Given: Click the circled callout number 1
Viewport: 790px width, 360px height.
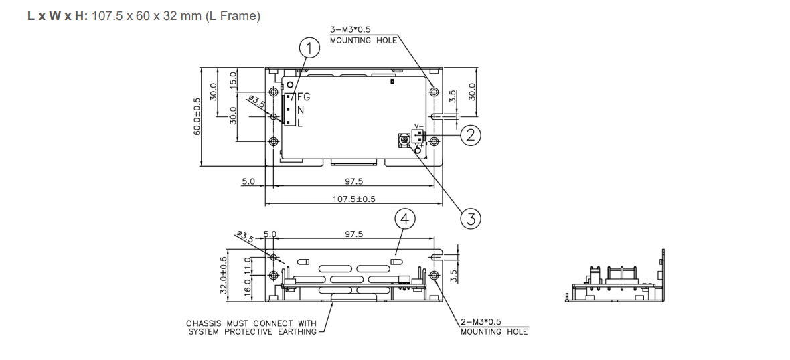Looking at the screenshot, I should [x=309, y=48].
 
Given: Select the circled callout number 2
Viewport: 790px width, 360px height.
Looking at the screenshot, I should [x=471, y=135].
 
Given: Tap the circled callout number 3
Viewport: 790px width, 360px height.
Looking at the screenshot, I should [x=471, y=217].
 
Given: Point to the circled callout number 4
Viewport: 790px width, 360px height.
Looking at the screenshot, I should [x=404, y=218].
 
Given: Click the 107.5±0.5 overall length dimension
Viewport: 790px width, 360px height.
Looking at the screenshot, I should [x=353, y=199].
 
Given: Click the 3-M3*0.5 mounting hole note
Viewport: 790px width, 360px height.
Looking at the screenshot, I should [x=364, y=35].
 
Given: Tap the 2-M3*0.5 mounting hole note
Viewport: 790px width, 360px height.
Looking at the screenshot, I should [x=493, y=327].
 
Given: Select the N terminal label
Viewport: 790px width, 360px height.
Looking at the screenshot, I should [x=301, y=110].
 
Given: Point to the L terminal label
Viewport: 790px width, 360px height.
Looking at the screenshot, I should [x=300, y=124].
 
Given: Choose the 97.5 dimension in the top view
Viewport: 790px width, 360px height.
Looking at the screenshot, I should [x=353, y=181].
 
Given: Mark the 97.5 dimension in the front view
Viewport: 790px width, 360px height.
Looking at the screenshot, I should [x=353, y=234].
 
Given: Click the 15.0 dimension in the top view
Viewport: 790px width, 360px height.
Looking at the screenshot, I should [x=234, y=79].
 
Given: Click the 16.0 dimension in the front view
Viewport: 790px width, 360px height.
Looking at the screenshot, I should [x=248, y=288].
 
